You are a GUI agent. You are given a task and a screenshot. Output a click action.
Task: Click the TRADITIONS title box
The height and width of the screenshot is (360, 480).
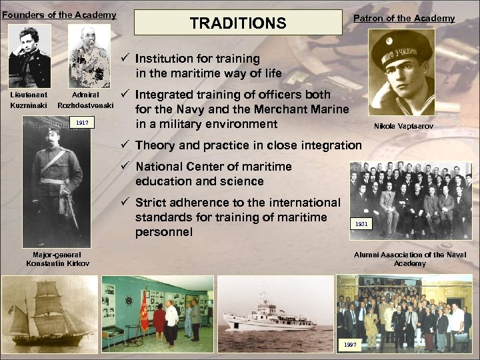tap(237, 23)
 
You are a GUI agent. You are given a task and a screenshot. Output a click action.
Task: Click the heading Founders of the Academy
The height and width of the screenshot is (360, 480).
tap(59, 15)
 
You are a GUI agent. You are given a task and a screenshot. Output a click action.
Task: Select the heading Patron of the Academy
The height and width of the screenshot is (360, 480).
tap(403, 19)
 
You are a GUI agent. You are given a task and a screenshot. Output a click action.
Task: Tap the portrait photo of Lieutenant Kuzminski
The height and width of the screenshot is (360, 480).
tap(29, 57)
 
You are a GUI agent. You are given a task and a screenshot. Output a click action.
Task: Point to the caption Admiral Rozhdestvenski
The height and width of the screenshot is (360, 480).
tap(85, 100)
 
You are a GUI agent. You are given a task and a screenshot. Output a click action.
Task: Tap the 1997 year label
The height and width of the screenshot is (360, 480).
tap(350, 345)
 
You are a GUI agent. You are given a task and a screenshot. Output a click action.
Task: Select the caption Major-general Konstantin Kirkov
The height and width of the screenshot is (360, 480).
tap(57, 259)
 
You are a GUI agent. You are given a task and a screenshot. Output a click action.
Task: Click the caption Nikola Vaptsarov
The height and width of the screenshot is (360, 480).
tap(405, 126)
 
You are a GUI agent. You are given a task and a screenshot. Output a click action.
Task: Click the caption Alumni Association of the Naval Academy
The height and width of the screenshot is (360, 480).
tap(409, 259)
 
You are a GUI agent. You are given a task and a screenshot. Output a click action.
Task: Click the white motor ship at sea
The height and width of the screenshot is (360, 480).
tap(273, 317)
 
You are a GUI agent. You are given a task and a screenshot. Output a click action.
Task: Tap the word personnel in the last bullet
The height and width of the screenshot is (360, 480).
tap(163, 232)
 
